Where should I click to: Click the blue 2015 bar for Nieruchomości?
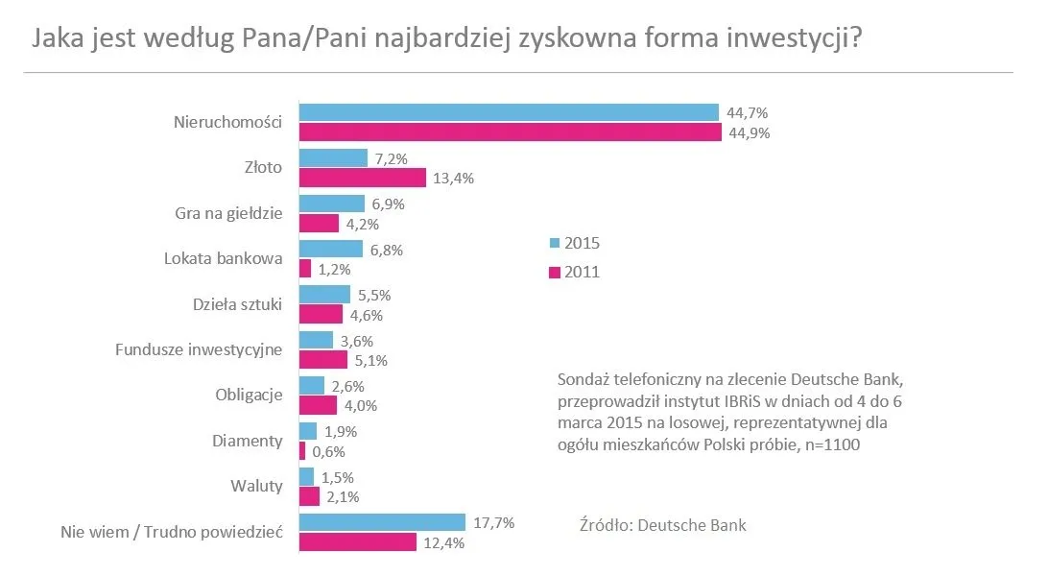pyautogui.click(x=509, y=112)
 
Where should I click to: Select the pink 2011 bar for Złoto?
pyautogui.click(x=363, y=179)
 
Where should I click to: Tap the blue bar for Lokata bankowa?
pyautogui.click(x=331, y=249)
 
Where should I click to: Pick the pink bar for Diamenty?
pyautogui.click(x=302, y=451)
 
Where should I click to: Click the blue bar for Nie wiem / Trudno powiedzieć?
pyautogui.click(x=382, y=522)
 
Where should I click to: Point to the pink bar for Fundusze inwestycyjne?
pyautogui.click(x=323, y=360)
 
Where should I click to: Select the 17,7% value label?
pyautogui.click(x=494, y=522)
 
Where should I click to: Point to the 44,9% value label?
pyautogui.click(x=749, y=133)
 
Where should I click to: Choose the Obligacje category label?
pyautogui.click(x=249, y=395)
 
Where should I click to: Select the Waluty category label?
pyautogui.click(x=257, y=486)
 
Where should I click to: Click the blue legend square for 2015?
pyautogui.click(x=554, y=243)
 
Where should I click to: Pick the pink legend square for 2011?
pyautogui.click(x=554, y=272)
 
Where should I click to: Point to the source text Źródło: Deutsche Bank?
pyautogui.click(x=663, y=525)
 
